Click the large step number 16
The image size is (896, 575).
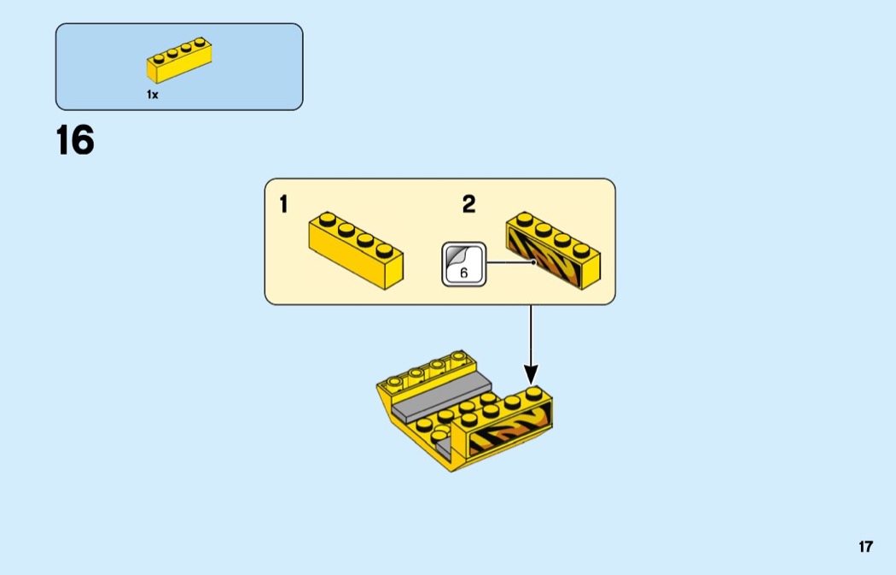pyautogui.click(x=75, y=141)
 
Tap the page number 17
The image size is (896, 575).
pyautogui.click(x=865, y=547)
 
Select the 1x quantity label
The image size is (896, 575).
pyautogui.click(x=152, y=95)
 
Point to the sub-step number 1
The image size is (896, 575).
pyautogui.click(x=283, y=205)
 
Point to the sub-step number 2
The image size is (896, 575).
pyautogui.click(x=468, y=204)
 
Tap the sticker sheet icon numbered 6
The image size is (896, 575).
pyautogui.click(x=463, y=263)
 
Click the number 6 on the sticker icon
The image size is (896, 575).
pyautogui.click(x=463, y=273)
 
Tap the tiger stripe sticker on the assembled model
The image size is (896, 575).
pyautogui.click(x=507, y=431)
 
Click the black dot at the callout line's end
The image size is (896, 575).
pyautogui.click(x=532, y=262)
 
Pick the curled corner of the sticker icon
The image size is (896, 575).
pyautogui.click(x=453, y=254)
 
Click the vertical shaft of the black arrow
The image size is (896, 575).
pyautogui.click(x=531, y=333)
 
